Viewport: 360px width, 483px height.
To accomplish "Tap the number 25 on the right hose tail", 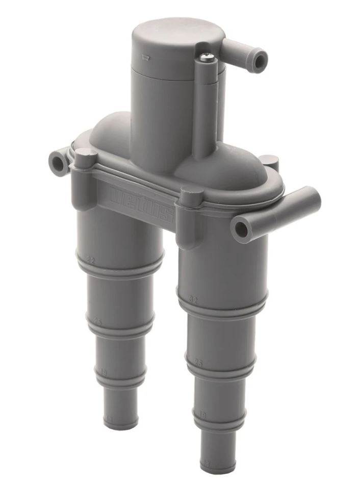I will click(x=198, y=364).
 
